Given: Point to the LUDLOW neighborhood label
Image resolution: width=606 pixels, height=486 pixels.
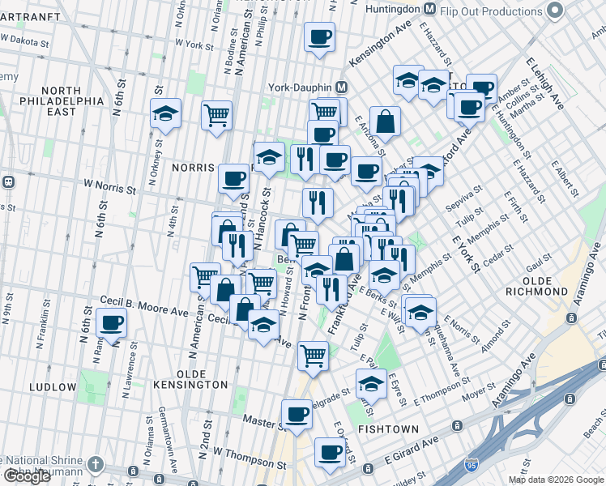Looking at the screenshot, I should (52, 387).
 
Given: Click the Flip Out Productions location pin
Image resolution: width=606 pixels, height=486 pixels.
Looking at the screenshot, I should (555, 11).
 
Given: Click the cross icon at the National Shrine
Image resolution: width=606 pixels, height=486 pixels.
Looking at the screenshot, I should (96, 465).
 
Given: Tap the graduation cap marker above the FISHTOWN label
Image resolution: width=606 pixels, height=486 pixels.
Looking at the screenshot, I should (371, 383).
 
